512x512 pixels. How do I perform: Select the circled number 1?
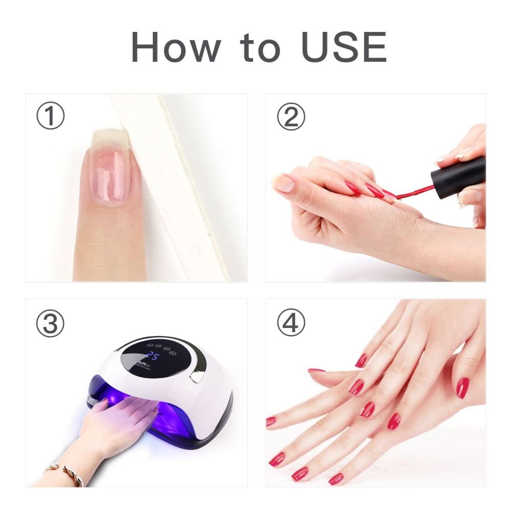click(50, 116)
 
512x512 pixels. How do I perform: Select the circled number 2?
click(291, 116)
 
